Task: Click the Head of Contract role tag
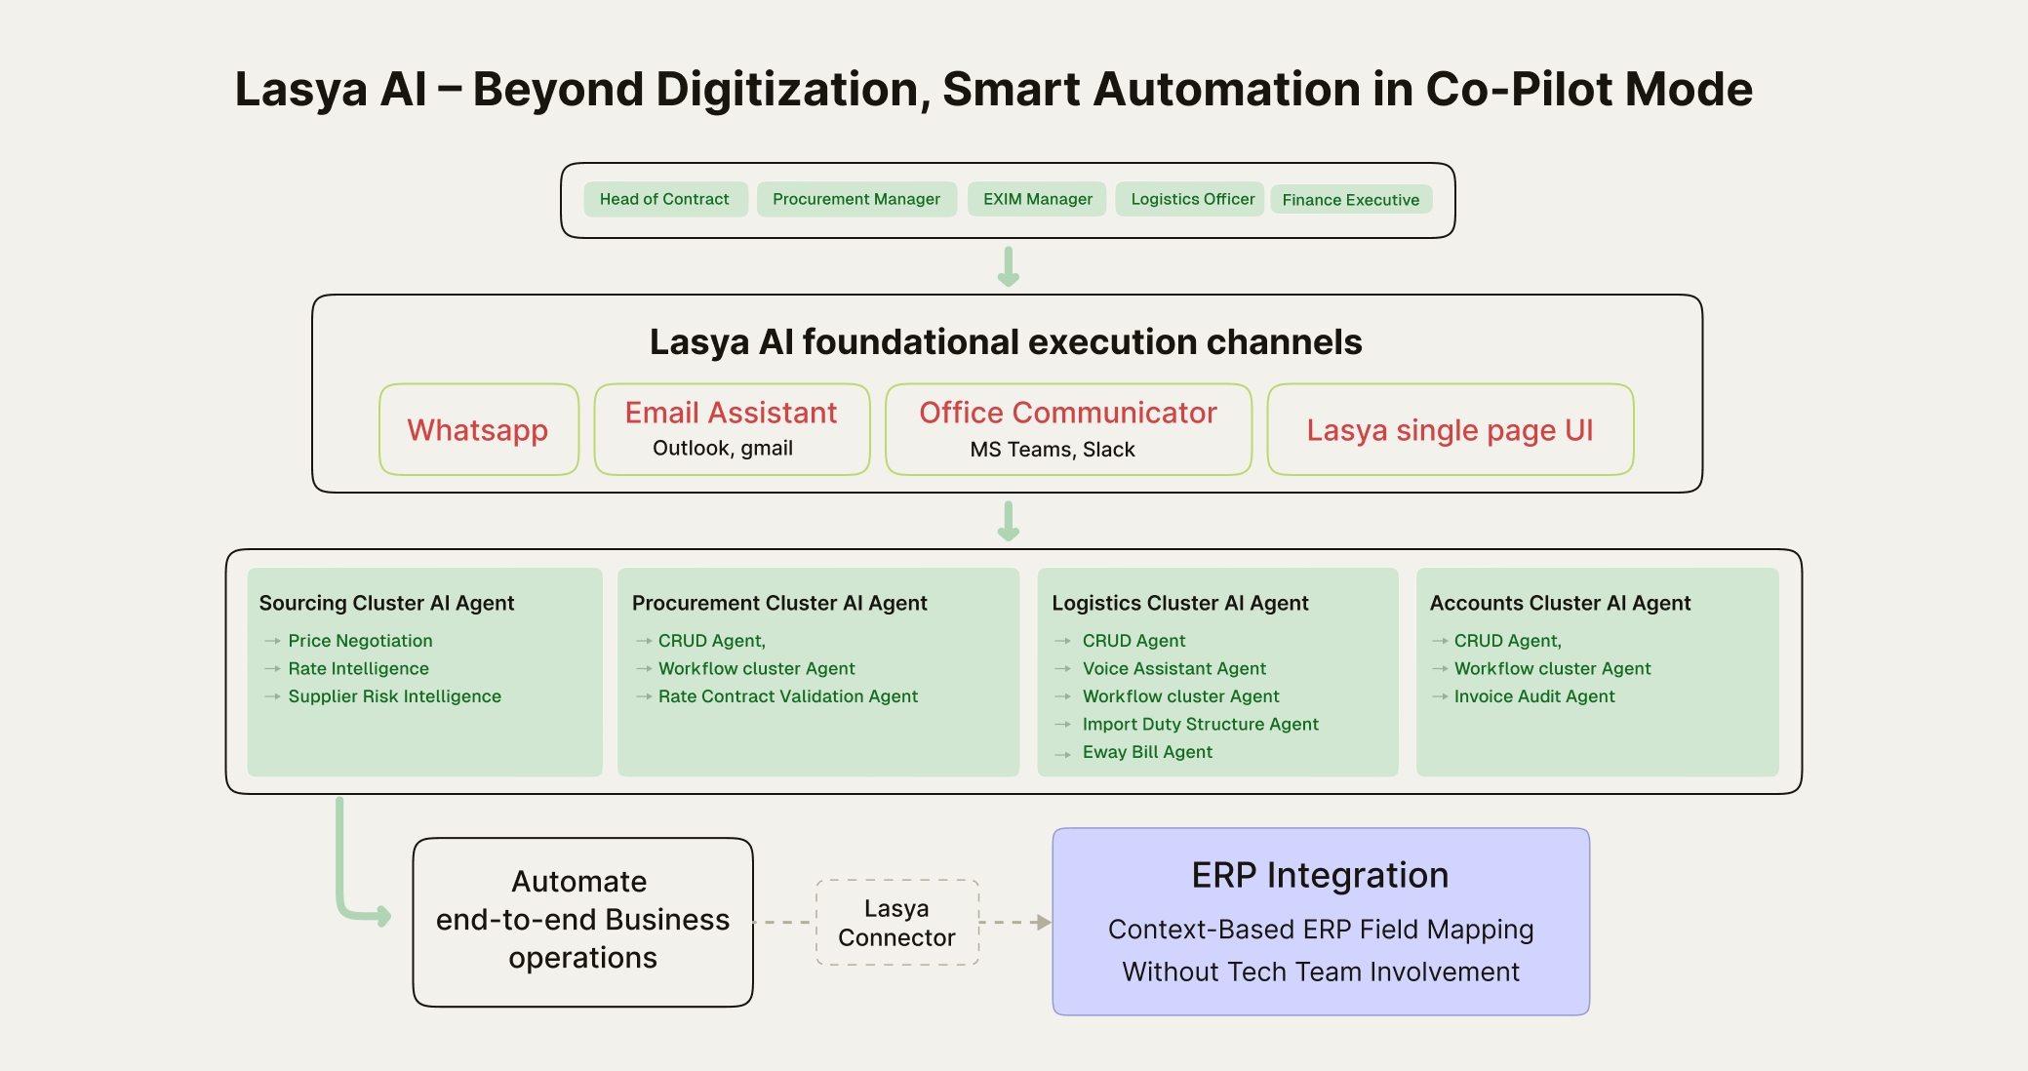point(664,199)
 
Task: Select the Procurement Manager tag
point(855,199)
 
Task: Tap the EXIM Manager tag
point(1037,199)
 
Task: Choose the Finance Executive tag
point(1350,200)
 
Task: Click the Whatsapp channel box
point(478,430)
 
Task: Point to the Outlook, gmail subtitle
point(722,449)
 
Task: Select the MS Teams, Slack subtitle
point(1052,450)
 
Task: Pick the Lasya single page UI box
point(1450,430)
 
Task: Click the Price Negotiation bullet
point(360,641)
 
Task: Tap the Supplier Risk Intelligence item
point(394,696)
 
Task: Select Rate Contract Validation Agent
point(787,696)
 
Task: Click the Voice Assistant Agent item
point(1173,669)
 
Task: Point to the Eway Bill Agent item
point(1147,752)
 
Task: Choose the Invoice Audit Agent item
point(1533,696)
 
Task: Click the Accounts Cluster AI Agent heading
point(1560,604)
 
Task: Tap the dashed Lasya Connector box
point(896,923)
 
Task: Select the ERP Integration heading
point(1320,876)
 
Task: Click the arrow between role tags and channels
point(1009,266)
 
